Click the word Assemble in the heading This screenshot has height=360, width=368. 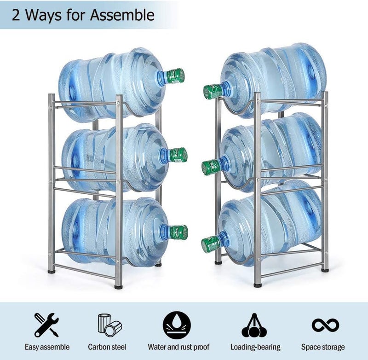(122, 15)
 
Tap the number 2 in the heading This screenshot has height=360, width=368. (16, 15)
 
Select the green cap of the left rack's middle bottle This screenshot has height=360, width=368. (178, 155)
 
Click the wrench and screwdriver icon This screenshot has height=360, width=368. (46, 325)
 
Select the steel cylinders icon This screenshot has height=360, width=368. (109, 325)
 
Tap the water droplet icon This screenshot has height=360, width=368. (177, 325)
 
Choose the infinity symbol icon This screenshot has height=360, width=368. (325, 325)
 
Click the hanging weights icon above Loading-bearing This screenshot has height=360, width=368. (254, 325)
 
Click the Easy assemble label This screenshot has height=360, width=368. (47, 347)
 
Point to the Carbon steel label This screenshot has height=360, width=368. (107, 347)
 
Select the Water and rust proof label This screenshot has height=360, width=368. (178, 347)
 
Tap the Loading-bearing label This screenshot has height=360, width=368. (255, 347)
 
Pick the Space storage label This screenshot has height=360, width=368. (323, 347)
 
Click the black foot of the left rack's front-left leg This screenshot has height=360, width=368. (52, 272)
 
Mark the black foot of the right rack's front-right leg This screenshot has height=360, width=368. (325, 270)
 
